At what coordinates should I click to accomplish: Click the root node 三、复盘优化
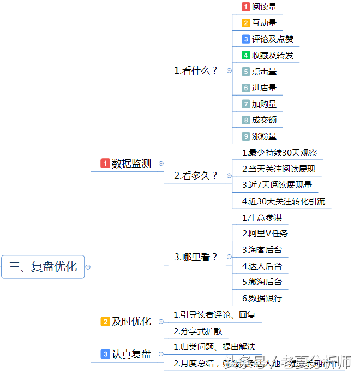(43, 267)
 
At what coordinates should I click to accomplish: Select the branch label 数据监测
(131, 164)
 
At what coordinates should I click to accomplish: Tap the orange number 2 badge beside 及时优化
(105, 322)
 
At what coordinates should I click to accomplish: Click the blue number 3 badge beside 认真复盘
(105, 354)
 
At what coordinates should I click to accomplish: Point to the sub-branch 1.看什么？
(196, 70)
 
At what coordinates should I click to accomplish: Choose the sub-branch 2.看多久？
(196, 176)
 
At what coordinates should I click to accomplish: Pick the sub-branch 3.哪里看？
(196, 257)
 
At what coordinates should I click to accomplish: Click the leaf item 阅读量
(264, 7)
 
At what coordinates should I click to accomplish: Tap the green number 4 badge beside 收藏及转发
(246, 55)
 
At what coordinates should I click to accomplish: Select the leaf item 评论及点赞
(273, 39)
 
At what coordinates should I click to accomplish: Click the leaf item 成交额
(264, 120)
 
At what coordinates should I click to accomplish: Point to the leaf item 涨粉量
(264, 136)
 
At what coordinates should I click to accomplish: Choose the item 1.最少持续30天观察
(280, 153)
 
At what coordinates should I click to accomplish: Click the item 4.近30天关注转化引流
(284, 201)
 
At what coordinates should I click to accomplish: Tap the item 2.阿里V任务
(265, 234)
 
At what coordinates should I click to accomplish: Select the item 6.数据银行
(262, 299)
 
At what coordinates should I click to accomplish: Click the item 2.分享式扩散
(198, 331)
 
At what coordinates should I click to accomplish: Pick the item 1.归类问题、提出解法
(214, 347)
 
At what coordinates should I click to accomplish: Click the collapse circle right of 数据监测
(160, 163)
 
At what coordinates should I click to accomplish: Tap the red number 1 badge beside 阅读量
(246, 7)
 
